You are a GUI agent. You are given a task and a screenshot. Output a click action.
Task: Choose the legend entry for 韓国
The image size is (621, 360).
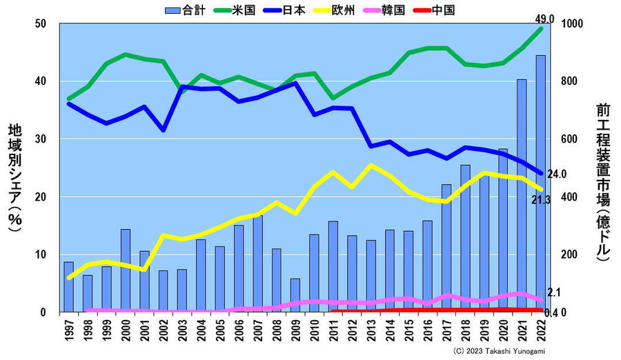click(x=391, y=10)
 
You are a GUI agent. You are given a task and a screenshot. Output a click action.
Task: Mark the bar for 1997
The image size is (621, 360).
click(x=68, y=287)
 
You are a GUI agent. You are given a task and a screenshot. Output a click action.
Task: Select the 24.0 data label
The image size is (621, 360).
click(x=557, y=174)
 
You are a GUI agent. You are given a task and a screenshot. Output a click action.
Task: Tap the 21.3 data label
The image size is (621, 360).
click(x=541, y=200)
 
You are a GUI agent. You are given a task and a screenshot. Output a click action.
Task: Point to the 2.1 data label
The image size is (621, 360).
click(x=553, y=293)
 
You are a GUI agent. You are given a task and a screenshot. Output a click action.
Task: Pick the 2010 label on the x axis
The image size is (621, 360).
click(x=315, y=331)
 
